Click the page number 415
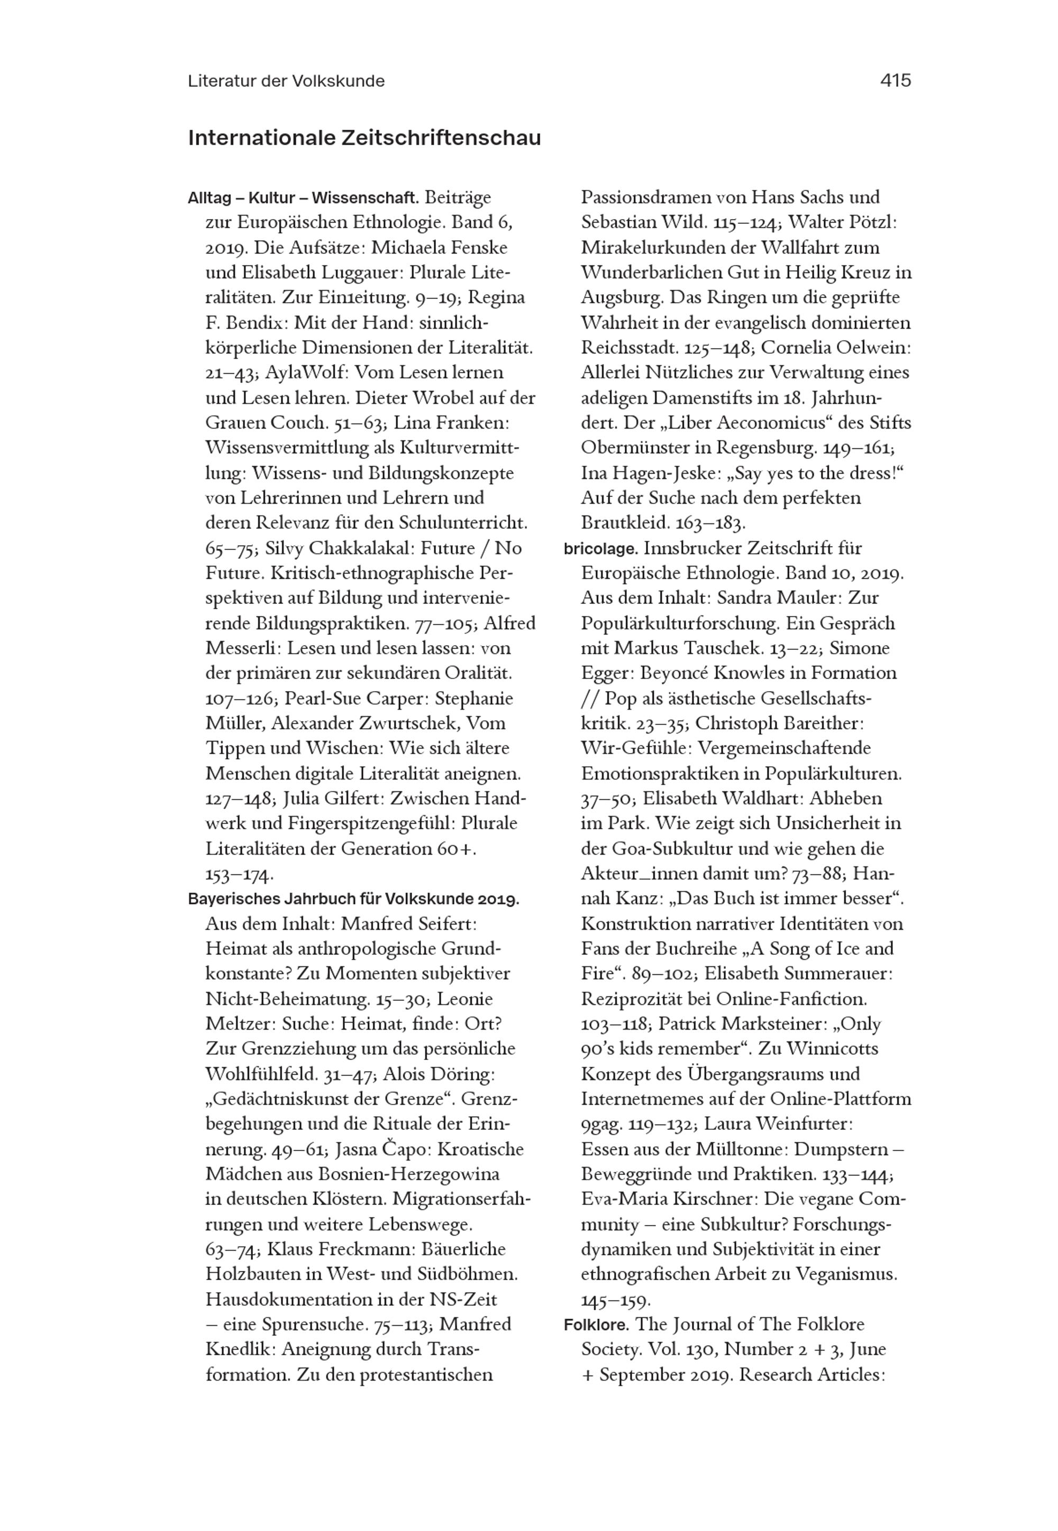coord(896,80)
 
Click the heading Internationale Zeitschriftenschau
coord(364,138)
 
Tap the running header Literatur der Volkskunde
coord(286,81)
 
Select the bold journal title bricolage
coord(600,548)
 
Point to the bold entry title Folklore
coord(597,1324)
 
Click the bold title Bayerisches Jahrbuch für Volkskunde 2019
coord(353,899)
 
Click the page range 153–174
coord(239,875)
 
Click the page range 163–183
coord(710,523)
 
